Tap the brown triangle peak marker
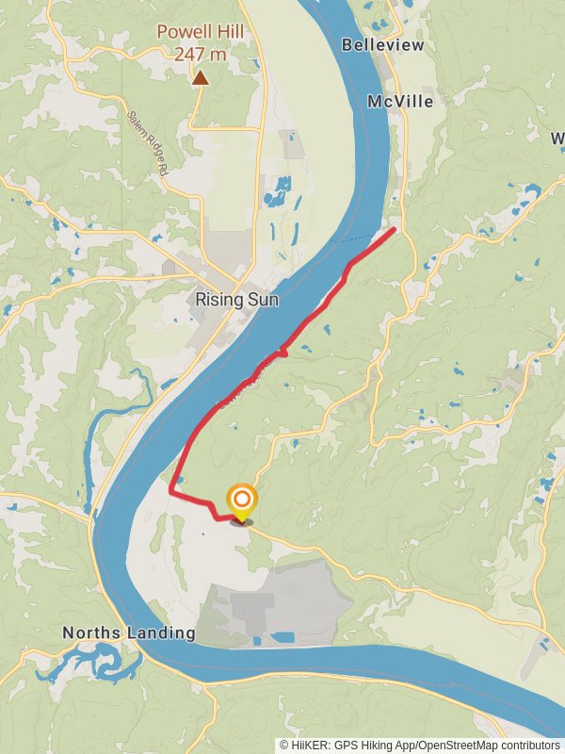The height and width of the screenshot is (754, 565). coord(200,79)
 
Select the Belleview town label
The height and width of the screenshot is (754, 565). coord(383,45)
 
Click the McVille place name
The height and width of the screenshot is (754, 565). coord(401,101)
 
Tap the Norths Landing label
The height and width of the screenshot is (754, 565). coord(129,632)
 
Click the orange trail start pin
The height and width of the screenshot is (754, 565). coord(242,500)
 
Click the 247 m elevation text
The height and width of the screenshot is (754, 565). coord(200,54)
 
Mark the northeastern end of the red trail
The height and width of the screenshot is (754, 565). coord(393,229)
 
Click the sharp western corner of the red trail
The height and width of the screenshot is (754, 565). coord(170,491)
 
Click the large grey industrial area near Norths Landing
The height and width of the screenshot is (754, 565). coord(273,603)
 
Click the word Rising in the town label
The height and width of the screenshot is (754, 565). coord(215,300)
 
